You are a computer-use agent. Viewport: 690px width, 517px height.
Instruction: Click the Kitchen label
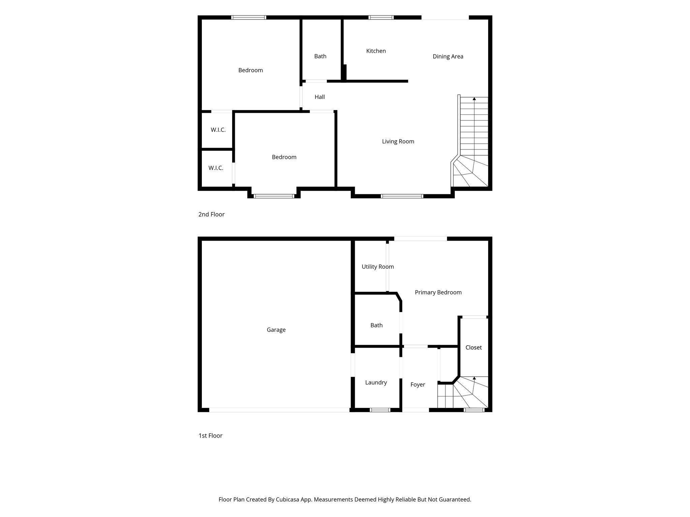coord(376,51)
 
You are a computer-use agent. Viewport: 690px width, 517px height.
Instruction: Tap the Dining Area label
coord(448,57)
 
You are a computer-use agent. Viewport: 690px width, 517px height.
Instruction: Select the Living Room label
coord(398,141)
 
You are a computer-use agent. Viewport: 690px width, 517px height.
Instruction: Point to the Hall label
coord(320,97)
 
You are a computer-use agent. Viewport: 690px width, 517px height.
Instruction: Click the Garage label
coord(276,330)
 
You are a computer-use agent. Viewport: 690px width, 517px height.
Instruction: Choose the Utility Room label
coord(378,267)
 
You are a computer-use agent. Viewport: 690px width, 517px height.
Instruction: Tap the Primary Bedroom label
coord(438,292)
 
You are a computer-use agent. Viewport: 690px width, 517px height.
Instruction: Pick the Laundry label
coord(376,382)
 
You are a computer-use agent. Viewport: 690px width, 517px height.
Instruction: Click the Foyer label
coord(418,384)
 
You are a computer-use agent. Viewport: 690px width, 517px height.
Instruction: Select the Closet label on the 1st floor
coord(474,347)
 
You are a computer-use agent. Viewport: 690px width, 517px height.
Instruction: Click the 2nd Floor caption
coord(211,214)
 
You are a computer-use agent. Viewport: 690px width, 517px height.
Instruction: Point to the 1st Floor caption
coord(210,436)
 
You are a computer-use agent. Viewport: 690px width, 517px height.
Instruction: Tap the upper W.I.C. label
coord(218,130)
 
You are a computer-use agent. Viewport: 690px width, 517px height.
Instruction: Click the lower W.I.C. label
coord(216,168)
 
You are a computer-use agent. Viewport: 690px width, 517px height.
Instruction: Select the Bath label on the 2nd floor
coord(320,56)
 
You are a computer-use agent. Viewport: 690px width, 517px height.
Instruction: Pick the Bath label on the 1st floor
coord(376,325)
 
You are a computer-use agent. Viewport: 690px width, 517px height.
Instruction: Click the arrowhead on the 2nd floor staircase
coord(474,99)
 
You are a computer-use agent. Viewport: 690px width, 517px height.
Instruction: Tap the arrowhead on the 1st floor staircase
coord(474,378)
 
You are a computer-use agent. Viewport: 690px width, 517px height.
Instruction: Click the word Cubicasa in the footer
coord(288,499)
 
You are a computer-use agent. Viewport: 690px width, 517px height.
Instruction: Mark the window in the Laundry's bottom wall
coord(380,410)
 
